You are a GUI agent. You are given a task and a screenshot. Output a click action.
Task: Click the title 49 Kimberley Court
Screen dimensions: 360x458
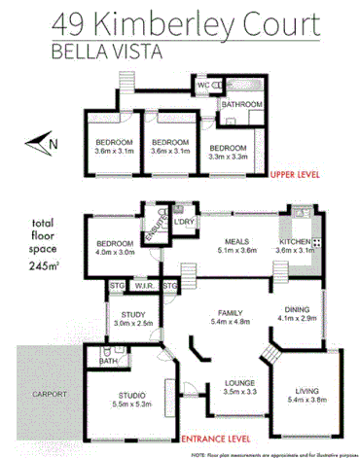(179, 21)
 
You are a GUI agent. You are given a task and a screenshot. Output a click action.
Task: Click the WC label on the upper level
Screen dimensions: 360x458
(204, 86)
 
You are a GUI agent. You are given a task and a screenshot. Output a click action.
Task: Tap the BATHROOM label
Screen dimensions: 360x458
(242, 104)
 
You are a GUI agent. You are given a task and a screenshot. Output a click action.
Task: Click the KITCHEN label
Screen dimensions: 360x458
(296, 241)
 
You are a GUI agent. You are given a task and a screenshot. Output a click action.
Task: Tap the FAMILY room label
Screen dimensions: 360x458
(231, 308)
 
